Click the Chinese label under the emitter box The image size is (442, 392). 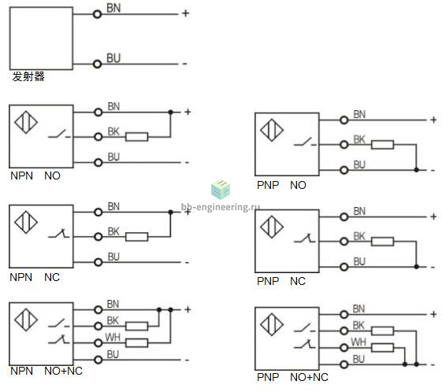click(28, 76)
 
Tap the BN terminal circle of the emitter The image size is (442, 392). click(97, 14)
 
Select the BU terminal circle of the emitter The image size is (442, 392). click(97, 65)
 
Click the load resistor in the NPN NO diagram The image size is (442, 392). click(137, 137)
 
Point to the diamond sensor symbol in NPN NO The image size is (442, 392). click(26, 122)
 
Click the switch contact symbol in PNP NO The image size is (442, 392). click(305, 142)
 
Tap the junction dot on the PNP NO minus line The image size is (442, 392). click(416, 170)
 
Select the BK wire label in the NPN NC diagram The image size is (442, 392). click(113, 231)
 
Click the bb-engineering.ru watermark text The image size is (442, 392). click(221, 207)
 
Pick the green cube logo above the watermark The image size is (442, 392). click(221, 189)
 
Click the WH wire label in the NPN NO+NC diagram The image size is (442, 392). click(113, 337)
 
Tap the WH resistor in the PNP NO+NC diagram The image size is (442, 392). click(383, 347)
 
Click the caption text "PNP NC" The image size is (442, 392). click(281, 281)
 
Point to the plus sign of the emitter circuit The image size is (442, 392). click(185, 13)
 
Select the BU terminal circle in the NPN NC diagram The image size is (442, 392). click(98, 262)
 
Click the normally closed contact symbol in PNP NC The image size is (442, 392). click(305, 239)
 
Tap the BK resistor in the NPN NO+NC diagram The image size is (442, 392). click(137, 327)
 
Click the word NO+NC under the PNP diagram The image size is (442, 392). click(309, 377)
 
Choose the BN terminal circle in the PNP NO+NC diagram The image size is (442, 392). click(344, 314)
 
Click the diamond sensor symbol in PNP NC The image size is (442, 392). click(272, 227)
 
